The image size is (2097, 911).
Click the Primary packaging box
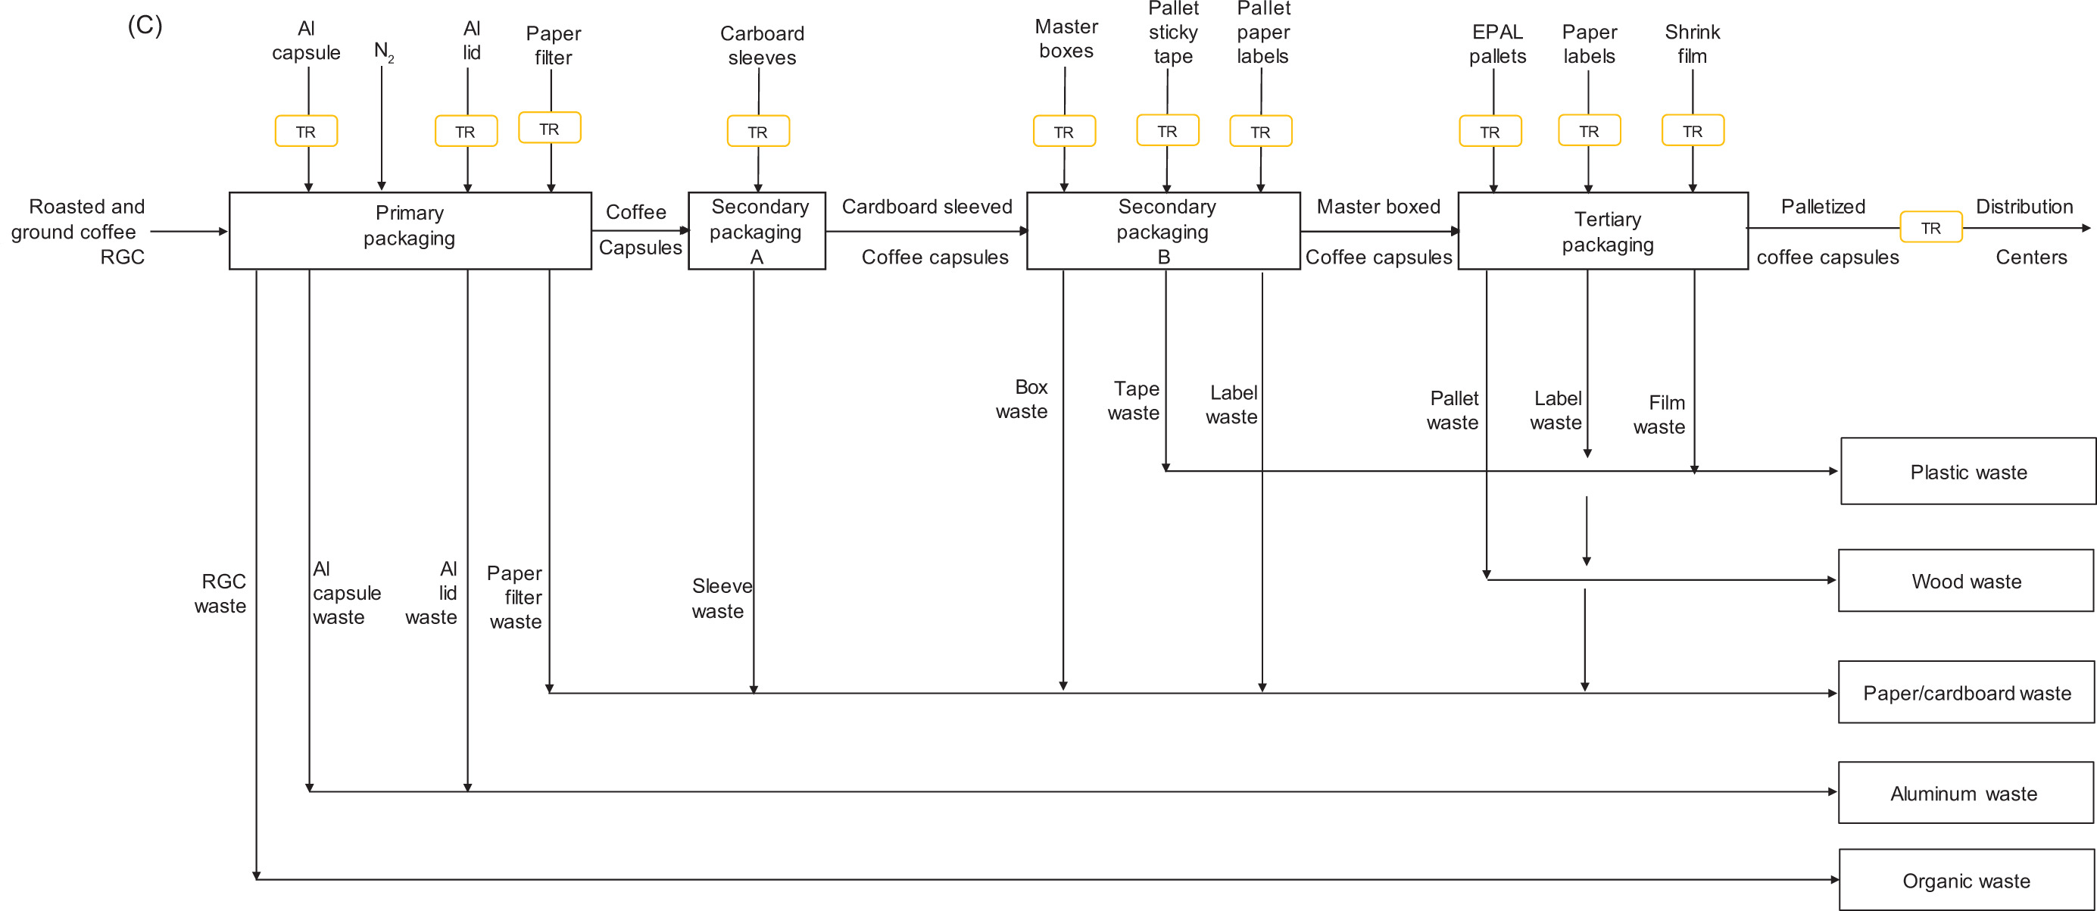pyautogui.click(x=410, y=230)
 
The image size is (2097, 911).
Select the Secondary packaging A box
pyautogui.click(x=757, y=230)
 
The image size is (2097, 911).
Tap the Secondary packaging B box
pyautogui.click(x=1162, y=230)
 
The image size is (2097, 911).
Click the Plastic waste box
pyautogui.click(x=1967, y=471)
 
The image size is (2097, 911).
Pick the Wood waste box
pyautogui.click(x=1965, y=581)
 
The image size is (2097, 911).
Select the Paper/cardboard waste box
pyautogui.click(x=1965, y=692)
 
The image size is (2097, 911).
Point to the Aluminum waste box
pyautogui.click(x=1965, y=793)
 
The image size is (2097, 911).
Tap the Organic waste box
pyautogui.click(x=1965, y=880)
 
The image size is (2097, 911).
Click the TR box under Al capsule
pyautogui.click(x=306, y=131)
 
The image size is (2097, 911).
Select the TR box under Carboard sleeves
pyautogui.click(x=758, y=131)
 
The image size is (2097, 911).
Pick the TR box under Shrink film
pyautogui.click(x=1693, y=130)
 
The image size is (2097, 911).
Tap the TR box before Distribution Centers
pyautogui.click(x=1930, y=227)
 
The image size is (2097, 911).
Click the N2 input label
pyautogui.click(x=383, y=51)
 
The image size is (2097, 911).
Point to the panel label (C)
pyautogui.click(x=145, y=25)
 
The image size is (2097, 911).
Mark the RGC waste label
pyautogui.click(x=220, y=593)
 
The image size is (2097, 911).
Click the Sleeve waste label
pyautogui.click(x=721, y=598)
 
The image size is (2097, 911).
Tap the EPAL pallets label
pyautogui.click(x=1497, y=44)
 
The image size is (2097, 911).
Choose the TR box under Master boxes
pyautogui.click(x=1064, y=131)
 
